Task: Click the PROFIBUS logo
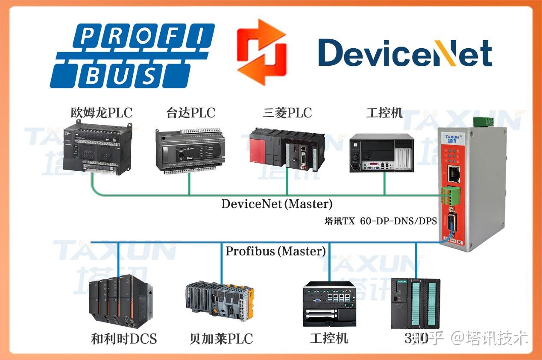(x=132, y=55)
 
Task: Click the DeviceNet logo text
(x=405, y=53)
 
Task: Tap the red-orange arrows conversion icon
(x=262, y=52)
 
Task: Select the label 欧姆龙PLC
(x=101, y=113)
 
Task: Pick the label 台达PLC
(x=190, y=113)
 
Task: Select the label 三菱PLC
(x=287, y=113)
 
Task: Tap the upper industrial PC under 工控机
(x=382, y=153)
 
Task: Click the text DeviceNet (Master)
(x=277, y=204)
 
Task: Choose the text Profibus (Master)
(x=275, y=251)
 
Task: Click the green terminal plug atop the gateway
(x=483, y=121)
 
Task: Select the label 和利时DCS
(x=124, y=339)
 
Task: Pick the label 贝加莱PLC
(x=221, y=339)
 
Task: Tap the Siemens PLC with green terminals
(x=415, y=304)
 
